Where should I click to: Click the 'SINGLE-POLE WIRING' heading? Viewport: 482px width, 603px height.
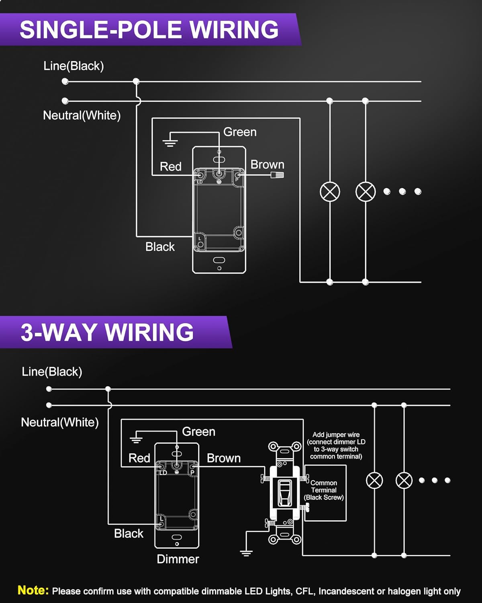click(149, 29)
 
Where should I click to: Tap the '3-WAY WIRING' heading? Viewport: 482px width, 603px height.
click(107, 332)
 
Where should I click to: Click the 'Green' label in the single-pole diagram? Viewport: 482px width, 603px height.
click(240, 132)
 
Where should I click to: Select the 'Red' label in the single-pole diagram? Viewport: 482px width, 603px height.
click(170, 166)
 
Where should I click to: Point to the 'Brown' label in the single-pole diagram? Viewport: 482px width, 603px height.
click(267, 164)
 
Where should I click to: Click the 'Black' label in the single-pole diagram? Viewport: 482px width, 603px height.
click(160, 246)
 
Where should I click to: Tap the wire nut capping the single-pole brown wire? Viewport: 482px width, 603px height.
click(277, 175)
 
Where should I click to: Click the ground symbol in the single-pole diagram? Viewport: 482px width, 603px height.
click(170, 142)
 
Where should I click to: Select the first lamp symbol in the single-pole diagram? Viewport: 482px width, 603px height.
click(330, 192)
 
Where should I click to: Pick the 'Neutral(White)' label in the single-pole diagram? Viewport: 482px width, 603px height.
click(82, 115)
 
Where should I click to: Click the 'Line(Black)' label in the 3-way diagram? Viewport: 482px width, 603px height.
click(52, 371)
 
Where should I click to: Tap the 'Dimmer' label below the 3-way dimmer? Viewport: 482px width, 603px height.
click(178, 559)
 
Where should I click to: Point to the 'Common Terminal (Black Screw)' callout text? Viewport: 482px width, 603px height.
click(324, 490)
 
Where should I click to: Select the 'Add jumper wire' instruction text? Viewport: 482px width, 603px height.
click(336, 445)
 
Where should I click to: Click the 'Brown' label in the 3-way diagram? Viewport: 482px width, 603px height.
click(224, 458)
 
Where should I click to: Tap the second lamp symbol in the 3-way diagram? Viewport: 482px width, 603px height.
click(404, 480)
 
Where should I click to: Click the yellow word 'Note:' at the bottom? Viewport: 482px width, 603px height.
click(33, 590)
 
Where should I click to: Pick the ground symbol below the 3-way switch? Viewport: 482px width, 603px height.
click(246, 553)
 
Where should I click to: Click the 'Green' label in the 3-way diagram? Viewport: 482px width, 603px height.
click(198, 431)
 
